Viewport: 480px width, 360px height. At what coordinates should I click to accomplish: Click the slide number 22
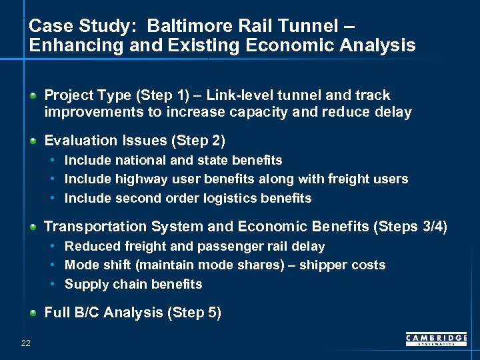click(x=26, y=343)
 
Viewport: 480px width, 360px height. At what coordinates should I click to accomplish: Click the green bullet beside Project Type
click(x=33, y=96)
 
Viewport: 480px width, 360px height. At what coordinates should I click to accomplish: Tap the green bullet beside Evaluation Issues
click(x=33, y=141)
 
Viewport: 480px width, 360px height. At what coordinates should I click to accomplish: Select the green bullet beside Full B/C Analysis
click(x=33, y=313)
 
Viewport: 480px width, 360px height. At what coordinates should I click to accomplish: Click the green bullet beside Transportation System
click(x=33, y=227)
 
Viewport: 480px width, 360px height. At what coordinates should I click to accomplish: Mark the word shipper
click(x=322, y=265)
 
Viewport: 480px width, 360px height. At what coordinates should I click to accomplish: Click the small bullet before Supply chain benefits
click(x=53, y=285)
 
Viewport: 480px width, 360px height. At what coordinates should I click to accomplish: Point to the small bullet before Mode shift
click(x=53, y=265)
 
